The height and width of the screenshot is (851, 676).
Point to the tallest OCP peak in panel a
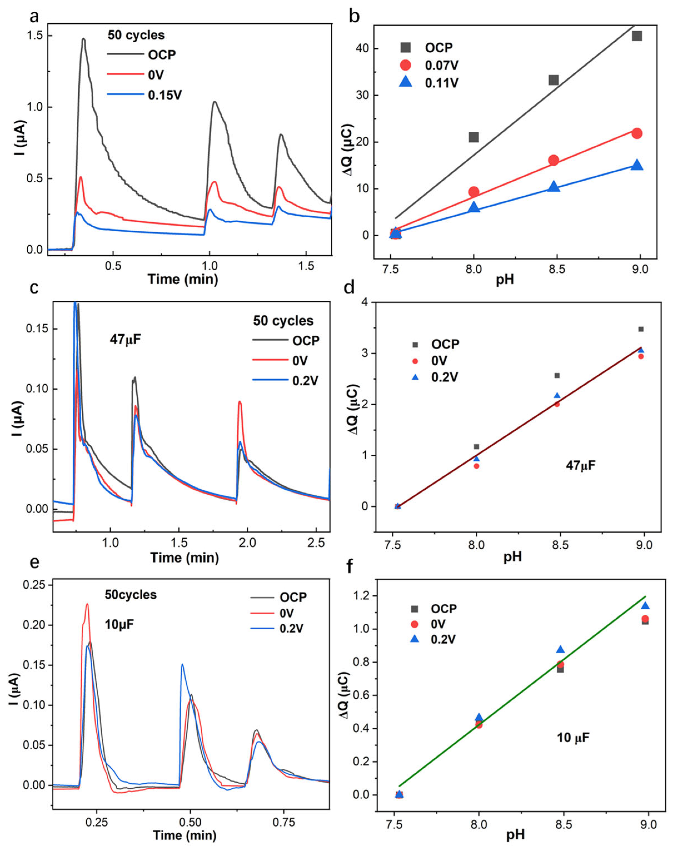coord(83,39)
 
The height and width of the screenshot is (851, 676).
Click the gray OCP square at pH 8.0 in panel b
coord(473,137)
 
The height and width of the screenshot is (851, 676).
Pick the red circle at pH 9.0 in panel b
coord(637,133)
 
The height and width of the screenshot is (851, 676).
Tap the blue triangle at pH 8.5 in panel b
coord(554,186)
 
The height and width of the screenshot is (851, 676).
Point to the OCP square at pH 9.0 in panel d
coord(641,329)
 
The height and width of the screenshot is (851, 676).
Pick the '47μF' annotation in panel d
coord(580,465)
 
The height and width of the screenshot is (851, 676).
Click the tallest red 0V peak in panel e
coord(87,604)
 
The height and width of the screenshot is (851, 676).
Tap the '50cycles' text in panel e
coord(131,595)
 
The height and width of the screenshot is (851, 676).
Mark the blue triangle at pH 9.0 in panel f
coord(645,606)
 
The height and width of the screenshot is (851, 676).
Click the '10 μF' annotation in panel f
coord(573,738)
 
